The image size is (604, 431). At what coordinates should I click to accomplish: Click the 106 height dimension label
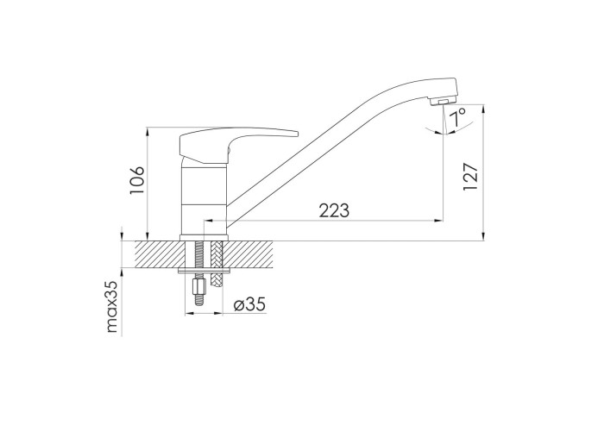(x=137, y=181)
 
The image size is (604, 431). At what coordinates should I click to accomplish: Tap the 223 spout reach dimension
(x=334, y=210)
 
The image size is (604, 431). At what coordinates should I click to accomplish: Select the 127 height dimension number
(x=470, y=176)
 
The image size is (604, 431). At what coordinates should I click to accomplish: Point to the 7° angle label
(x=457, y=117)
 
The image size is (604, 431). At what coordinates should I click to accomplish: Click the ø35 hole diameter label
(x=249, y=304)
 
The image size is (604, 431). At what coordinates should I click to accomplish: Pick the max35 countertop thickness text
(x=111, y=306)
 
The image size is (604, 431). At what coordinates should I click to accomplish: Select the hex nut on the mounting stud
(x=198, y=286)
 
